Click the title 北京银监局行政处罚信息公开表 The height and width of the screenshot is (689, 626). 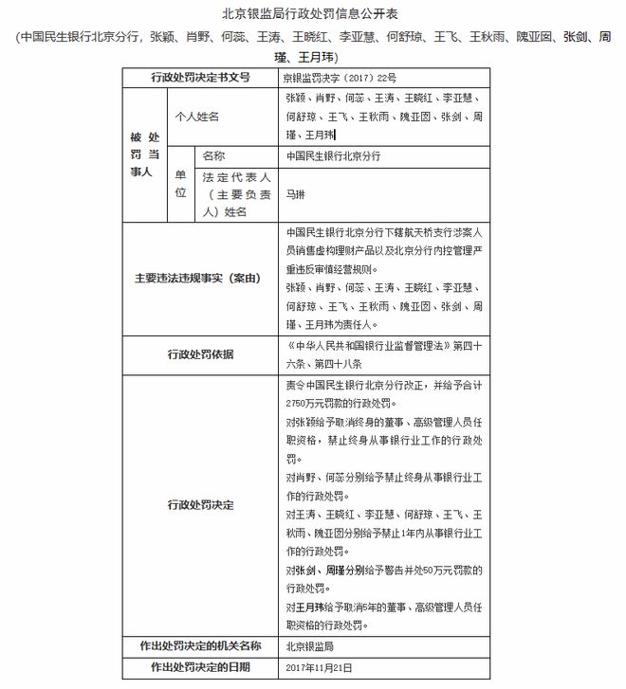313,13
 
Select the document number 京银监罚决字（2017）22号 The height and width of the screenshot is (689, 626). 341,78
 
